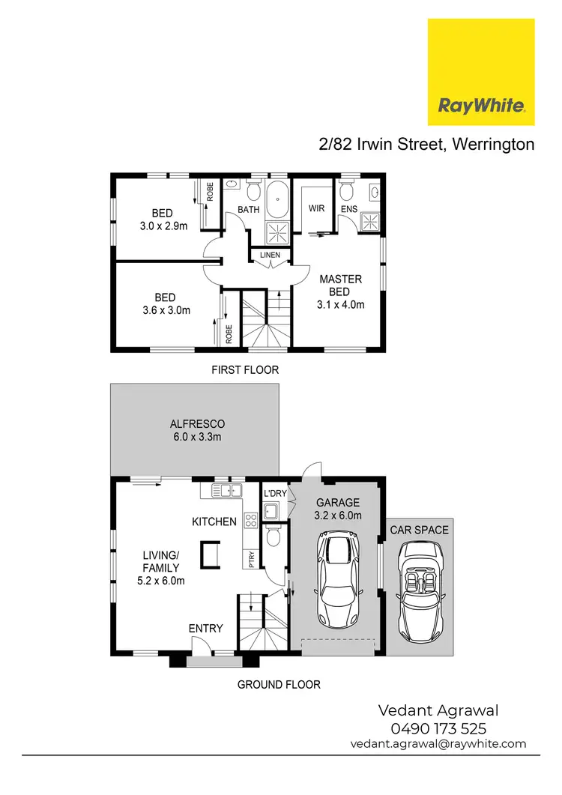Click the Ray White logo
pyautogui.click(x=480, y=72)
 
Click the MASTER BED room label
pyautogui.click(x=340, y=285)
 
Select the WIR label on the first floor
pyautogui.click(x=316, y=208)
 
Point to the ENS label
pyautogui.click(x=348, y=208)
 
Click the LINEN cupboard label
pyautogui.click(x=270, y=256)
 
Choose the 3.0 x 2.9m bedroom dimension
pyautogui.click(x=163, y=224)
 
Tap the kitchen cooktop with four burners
pyautogui.click(x=250, y=517)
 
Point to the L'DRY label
pyautogui.click(x=275, y=494)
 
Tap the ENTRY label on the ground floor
pyautogui.click(x=205, y=628)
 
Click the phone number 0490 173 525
pyautogui.click(x=438, y=728)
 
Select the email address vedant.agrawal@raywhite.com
pyautogui.click(x=438, y=744)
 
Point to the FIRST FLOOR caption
pyautogui.click(x=246, y=369)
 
